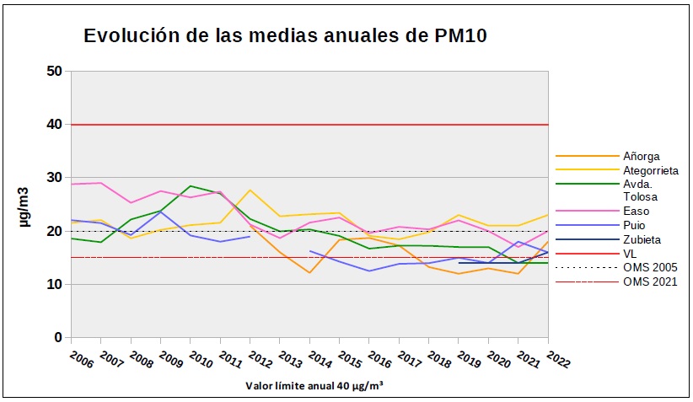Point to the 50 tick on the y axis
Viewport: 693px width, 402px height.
coord(55,71)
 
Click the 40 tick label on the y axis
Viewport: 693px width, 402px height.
coord(55,124)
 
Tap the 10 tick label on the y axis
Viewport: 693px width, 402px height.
coord(55,284)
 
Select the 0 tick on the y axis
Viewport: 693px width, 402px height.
coord(58,338)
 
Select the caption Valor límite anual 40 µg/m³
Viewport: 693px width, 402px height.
coord(314,386)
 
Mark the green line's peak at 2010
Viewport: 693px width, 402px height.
coord(191,185)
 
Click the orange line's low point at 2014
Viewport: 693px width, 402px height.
coord(309,272)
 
